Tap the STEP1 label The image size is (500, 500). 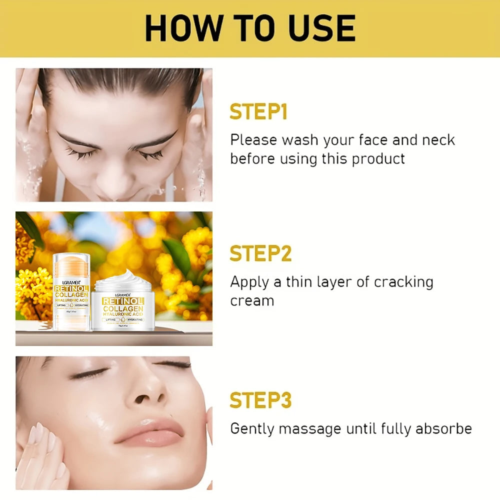pos(258,112)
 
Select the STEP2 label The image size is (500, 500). pos(260,254)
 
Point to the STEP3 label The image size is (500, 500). pos(260,400)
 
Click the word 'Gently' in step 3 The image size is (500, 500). pos(251,429)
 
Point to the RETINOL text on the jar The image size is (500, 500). pos(123,301)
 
